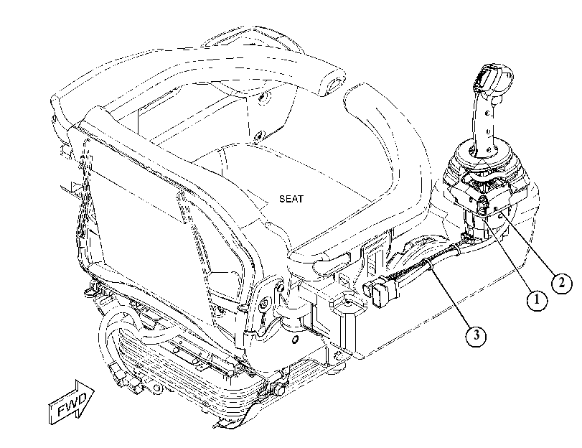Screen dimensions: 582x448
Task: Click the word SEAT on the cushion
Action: click(x=291, y=199)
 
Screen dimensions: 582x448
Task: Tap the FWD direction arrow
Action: click(x=72, y=401)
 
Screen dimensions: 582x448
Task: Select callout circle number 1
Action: click(x=537, y=301)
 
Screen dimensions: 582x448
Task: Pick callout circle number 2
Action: click(x=562, y=284)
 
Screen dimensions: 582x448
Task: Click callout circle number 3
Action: click(x=476, y=336)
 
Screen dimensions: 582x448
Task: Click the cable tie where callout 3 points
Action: click(x=429, y=263)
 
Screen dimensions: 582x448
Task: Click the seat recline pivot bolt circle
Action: click(x=265, y=302)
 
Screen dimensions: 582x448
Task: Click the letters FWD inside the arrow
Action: click(x=71, y=403)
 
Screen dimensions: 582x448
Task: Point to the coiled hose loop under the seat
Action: click(x=123, y=335)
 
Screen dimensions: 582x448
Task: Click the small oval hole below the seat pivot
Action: click(x=296, y=339)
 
